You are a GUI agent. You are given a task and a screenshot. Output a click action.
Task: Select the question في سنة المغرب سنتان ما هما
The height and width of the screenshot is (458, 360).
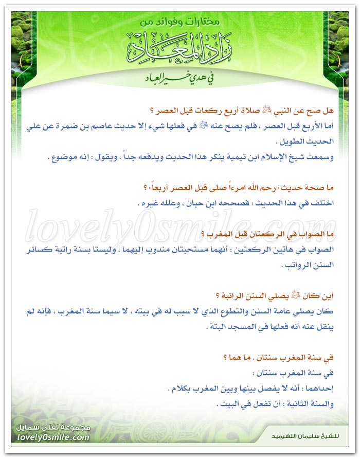tap(278, 357)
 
